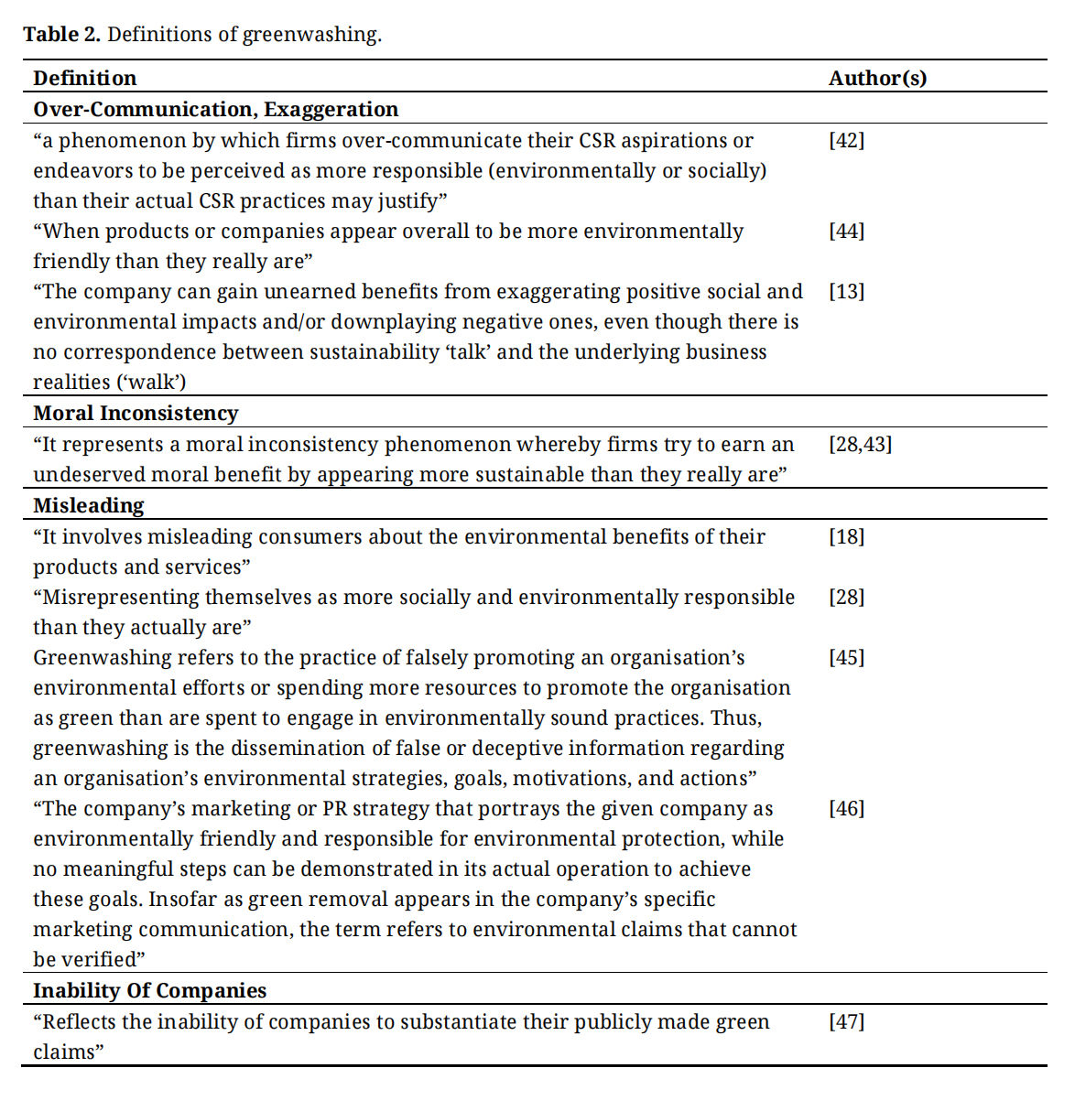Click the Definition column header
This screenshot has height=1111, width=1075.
(84, 78)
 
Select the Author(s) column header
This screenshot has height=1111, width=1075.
(877, 78)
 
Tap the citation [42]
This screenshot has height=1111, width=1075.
(846, 140)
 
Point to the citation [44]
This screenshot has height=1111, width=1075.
(846, 231)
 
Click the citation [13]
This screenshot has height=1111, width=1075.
(846, 291)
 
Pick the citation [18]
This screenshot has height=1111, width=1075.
(846, 536)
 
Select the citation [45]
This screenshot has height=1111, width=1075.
(846, 657)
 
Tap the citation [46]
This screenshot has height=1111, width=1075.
(846, 808)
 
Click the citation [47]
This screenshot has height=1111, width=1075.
(846, 1021)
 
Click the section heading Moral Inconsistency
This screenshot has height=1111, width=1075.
(136, 413)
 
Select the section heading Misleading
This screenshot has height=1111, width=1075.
(89, 505)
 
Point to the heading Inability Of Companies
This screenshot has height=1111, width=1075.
(149, 990)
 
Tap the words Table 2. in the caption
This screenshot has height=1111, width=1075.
(61, 35)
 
